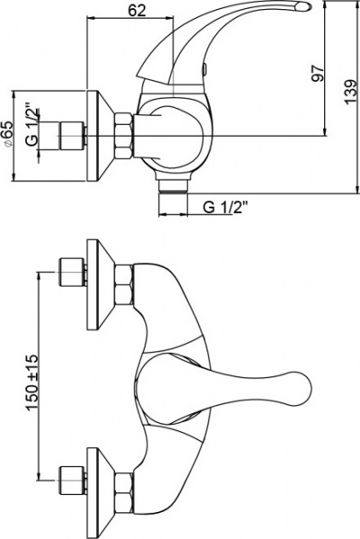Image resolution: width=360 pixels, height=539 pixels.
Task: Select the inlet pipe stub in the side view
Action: pyautogui.click(x=69, y=137)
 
